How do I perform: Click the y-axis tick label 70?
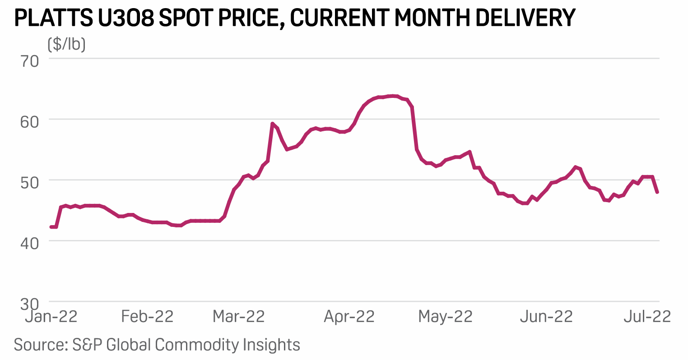pos(30,60)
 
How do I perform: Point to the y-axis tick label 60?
pos(30,121)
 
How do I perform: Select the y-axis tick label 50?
pos(30,182)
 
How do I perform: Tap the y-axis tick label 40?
pos(30,243)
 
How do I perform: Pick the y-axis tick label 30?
pos(30,303)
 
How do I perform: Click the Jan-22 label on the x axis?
pos(51,316)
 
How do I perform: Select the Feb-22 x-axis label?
pos(147,316)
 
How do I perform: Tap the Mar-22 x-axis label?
pos(239,316)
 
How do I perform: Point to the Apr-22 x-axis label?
pos(349,316)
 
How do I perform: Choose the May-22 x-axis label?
pos(445,316)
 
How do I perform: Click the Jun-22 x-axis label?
pos(546,316)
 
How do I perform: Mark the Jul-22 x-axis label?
pos(647,316)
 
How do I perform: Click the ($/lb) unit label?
pos(66,44)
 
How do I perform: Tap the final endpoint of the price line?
pos(657,192)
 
